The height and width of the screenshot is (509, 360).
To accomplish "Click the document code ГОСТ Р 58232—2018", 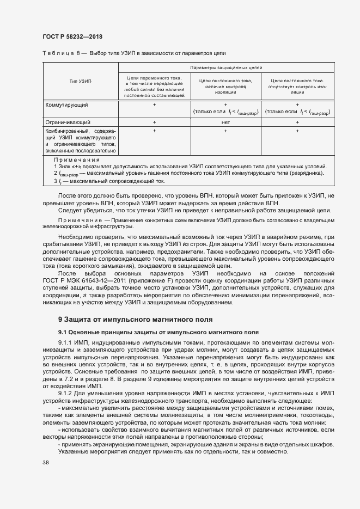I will [72, 36].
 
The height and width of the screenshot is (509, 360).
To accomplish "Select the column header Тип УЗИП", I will [81, 81].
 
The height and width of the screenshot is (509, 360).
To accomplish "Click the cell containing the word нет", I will [225, 122].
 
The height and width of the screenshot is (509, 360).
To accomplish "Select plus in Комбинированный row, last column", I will [297, 131].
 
